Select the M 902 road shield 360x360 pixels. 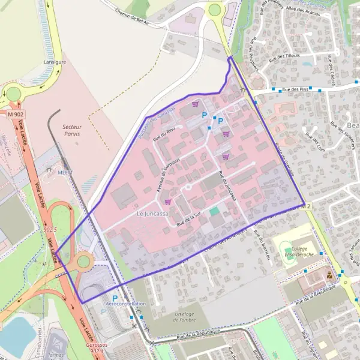(16, 113)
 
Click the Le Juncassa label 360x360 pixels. (153, 214)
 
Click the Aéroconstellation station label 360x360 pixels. (125, 304)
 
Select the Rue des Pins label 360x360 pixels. (295, 90)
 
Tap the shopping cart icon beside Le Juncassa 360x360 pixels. (167, 202)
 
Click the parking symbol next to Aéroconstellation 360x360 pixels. (114, 298)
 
